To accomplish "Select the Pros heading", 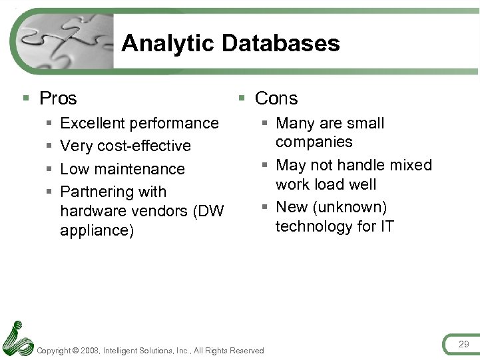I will (x=58, y=98).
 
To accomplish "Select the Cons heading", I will (x=276, y=98).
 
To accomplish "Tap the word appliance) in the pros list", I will (x=97, y=230).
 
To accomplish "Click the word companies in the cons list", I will (x=314, y=142).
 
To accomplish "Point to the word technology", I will (x=316, y=226).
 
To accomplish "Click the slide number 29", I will (x=463, y=344).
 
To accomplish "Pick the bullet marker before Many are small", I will (x=264, y=123).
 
